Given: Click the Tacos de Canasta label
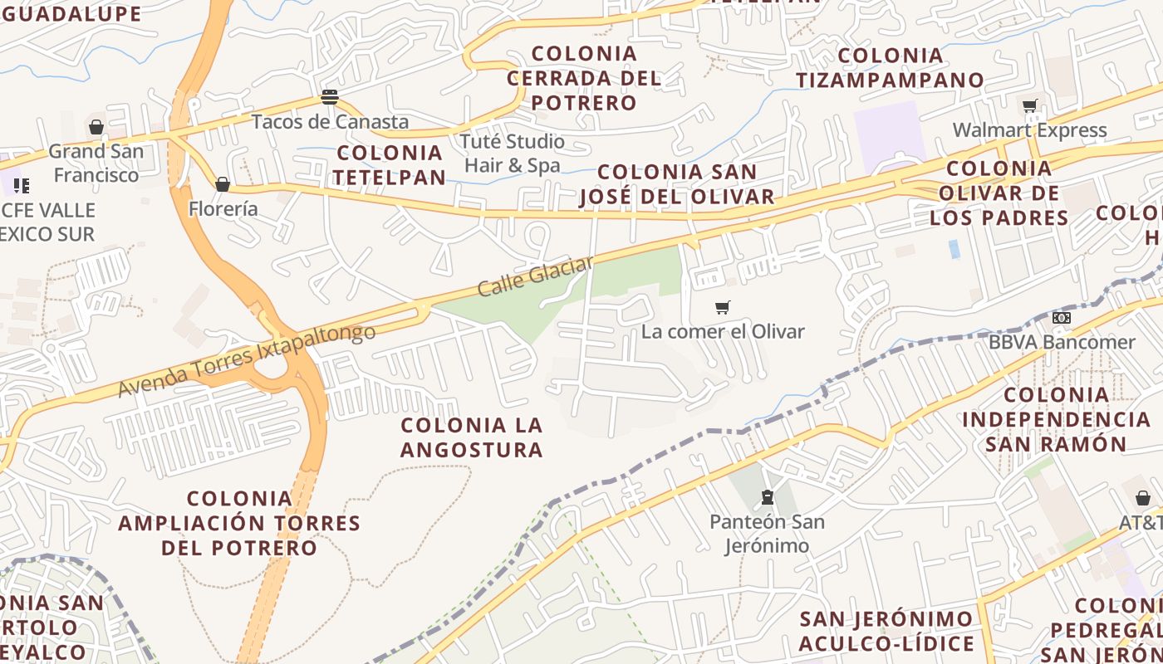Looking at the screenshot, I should [x=330, y=122].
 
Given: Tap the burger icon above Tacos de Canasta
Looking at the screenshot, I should [x=330, y=97].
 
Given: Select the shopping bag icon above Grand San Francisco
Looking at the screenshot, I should [x=96, y=127].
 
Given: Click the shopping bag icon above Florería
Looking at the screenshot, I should [x=223, y=184].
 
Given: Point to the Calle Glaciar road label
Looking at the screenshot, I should [x=536, y=276].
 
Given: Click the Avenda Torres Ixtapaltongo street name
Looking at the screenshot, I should [x=246, y=359].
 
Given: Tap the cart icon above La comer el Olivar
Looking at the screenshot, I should [x=723, y=308].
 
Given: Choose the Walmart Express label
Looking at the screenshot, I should [x=1029, y=130].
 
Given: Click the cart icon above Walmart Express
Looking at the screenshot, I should [x=1030, y=105].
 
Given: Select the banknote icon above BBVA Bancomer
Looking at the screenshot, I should [x=1061, y=318].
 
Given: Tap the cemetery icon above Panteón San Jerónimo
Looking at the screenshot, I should [x=768, y=498].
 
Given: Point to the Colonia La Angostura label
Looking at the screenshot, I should [x=472, y=437].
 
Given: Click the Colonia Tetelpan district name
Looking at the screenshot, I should [x=390, y=164].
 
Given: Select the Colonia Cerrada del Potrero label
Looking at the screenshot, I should [x=584, y=78].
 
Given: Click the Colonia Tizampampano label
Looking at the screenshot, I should [x=891, y=68].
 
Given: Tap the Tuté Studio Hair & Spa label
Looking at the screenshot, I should [x=513, y=153].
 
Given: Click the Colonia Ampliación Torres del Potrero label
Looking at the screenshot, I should [x=239, y=523].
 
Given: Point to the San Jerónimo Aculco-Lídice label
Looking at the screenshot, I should [x=886, y=631].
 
